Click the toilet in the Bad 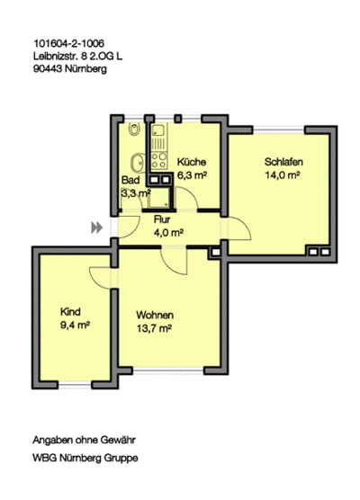[134, 129]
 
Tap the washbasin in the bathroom [138, 162]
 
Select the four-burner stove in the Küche [159, 160]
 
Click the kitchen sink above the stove [158, 137]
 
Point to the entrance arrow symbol [97, 228]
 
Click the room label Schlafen [283, 162]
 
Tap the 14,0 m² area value [283, 175]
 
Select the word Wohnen [155, 315]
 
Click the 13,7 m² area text [155, 328]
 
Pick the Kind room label [70, 311]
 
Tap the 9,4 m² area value [75, 325]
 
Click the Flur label [162, 219]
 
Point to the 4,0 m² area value [168, 233]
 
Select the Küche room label [192, 162]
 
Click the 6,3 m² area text [192, 175]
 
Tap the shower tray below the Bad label [159, 197]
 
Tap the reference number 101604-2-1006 [69, 43]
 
